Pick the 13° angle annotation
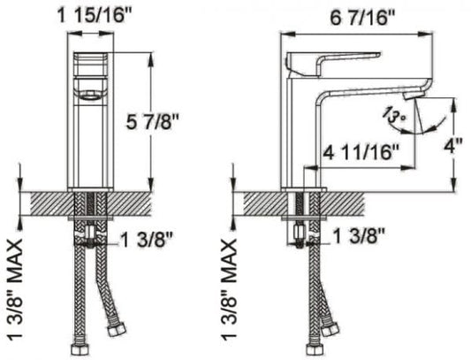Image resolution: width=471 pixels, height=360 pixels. click(x=391, y=116)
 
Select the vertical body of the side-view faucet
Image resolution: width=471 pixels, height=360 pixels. click(x=297, y=133)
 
